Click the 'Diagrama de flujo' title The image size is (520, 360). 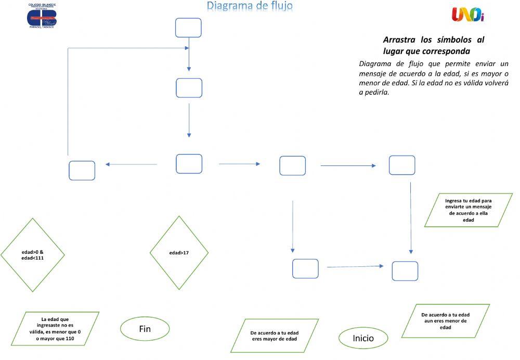pos(250,6)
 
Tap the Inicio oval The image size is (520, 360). pos(363,338)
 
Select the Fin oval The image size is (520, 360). pos(145,329)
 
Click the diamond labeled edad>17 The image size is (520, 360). pos(179,253)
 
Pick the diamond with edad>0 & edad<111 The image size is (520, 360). pos(32,255)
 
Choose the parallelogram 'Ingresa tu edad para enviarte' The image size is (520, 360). pos(469,210)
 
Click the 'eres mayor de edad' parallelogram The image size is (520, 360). pos(275,336)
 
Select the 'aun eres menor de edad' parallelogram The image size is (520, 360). pos(445,321)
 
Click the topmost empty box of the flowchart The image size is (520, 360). pos(188,28)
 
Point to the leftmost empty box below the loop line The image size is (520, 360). pos(82,171)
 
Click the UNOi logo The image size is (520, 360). pos(467,15)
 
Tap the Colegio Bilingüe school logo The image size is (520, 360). pos(42,17)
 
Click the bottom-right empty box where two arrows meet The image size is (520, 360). pos(405,271)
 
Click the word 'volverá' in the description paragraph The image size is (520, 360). pos(496,83)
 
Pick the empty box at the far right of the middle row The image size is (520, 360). pos(402,165)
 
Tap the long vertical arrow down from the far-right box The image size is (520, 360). pos(411,218)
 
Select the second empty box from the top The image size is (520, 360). pos(189,88)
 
